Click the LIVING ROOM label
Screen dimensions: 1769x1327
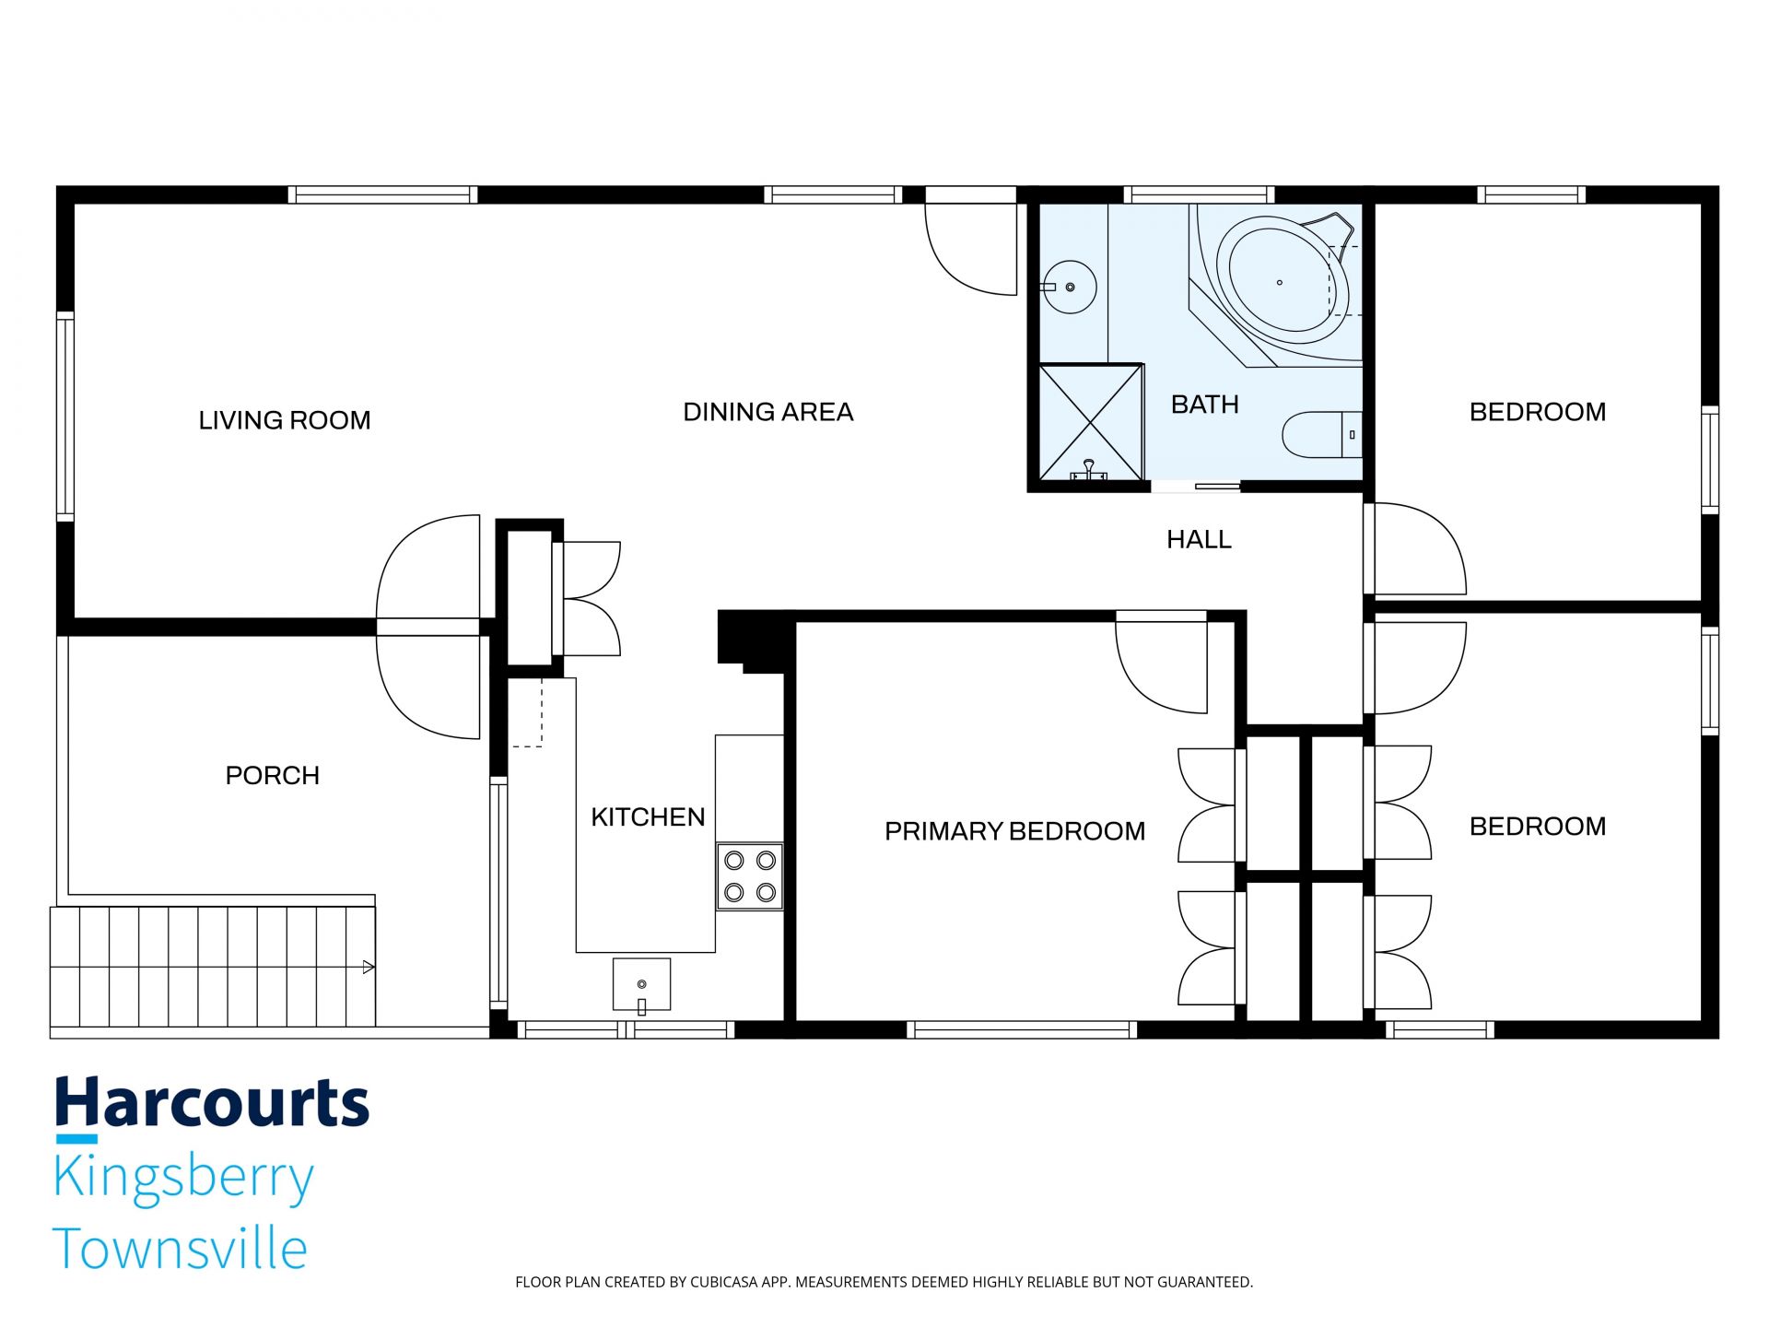tap(285, 420)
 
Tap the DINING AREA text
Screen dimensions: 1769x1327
tap(768, 412)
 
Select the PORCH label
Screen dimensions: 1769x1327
tap(273, 775)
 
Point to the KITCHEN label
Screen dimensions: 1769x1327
tap(648, 816)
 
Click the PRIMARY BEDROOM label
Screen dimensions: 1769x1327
tap(1015, 831)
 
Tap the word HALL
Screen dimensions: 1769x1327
tap(1199, 539)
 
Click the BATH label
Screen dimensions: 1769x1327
tap(1204, 405)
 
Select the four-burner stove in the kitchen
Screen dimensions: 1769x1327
tap(750, 876)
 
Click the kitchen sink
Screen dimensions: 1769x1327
tap(642, 985)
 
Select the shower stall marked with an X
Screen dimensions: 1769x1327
tap(1091, 422)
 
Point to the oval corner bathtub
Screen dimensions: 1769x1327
tap(1283, 282)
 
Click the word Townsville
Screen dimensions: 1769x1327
tap(181, 1249)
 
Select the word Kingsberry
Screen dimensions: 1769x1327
tap(184, 1179)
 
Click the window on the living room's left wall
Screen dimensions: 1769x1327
tap(64, 417)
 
